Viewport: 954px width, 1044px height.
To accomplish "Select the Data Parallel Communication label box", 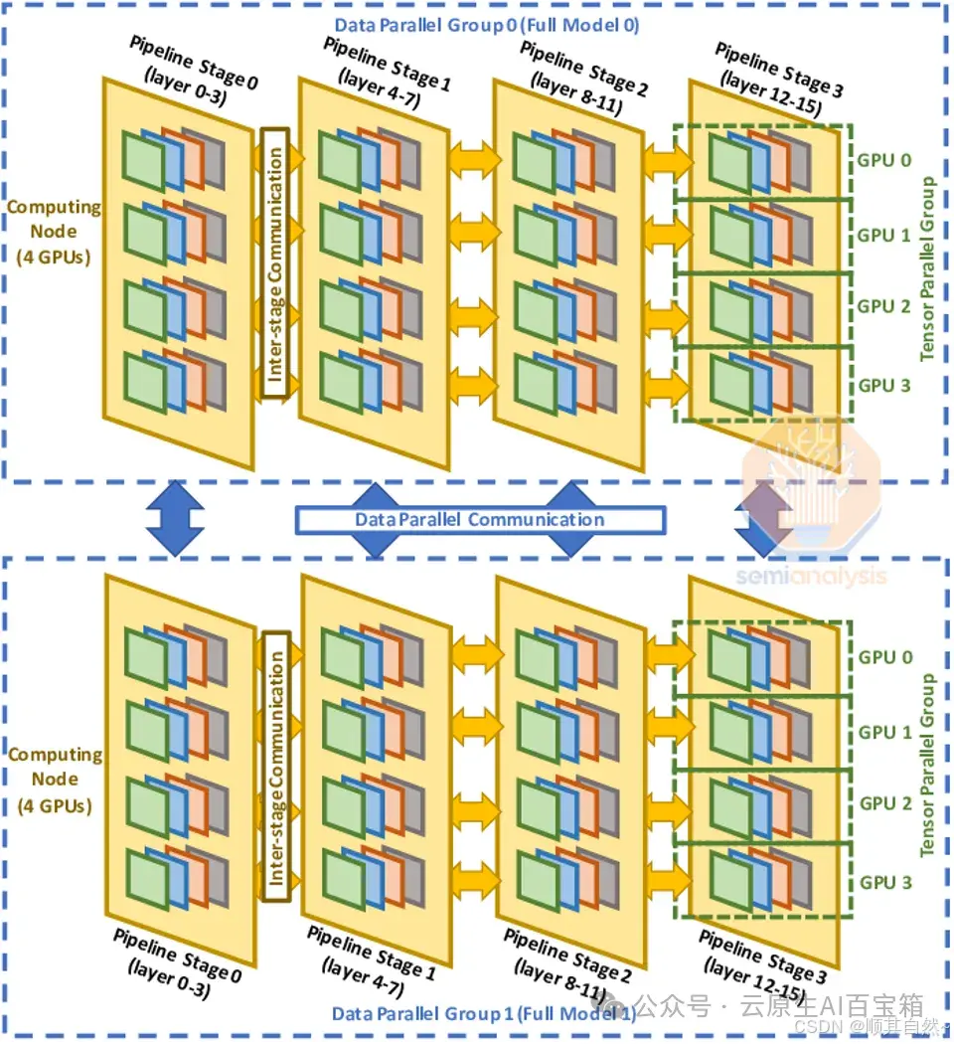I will [x=480, y=519].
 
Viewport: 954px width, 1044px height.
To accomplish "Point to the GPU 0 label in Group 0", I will [x=884, y=160].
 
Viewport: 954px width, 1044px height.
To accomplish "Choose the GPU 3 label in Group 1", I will [x=884, y=882].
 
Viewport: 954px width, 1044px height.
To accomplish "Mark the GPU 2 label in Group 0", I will [x=884, y=306].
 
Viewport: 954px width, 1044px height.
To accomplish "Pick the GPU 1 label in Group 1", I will [x=884, y=733].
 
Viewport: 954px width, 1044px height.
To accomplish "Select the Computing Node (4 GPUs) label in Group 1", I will [x=55, y=780].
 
